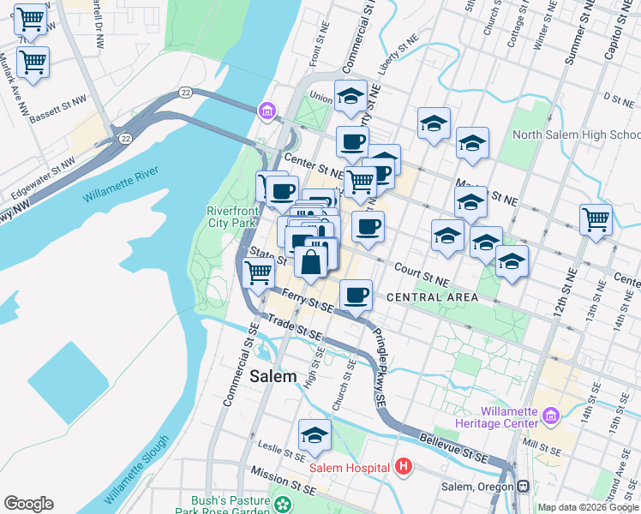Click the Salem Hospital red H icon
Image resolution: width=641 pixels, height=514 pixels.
tap(404, 467)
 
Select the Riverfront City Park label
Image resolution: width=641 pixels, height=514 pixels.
tap(232, 217)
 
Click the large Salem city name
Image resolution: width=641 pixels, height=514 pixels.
tap(273, 376)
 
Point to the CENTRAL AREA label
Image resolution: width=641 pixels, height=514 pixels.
tap(432, 297)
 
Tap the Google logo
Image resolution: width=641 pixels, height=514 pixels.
tap(28, 504)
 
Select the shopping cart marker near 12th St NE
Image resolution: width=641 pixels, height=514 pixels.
tap(596, 218)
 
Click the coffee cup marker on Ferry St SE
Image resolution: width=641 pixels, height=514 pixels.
tap(356, 295)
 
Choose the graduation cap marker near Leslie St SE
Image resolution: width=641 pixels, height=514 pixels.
tap(315, 435)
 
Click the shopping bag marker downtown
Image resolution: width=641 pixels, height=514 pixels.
tap(311, 260)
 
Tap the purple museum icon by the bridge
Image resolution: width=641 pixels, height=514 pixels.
tap(267, 111)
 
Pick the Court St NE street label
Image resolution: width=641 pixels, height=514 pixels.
tap(421, 274)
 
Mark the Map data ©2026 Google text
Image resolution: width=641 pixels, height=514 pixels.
tap(588, 507)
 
